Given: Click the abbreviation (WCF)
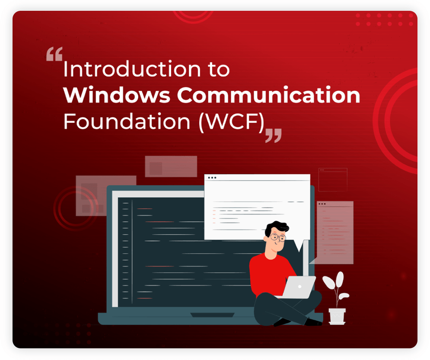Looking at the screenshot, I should pyautogui.click(x=231, y=122).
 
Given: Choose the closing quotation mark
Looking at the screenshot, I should pyautogui.click(x=273, y=135).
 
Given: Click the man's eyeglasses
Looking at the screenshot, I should pyautogui.click(x=277, y=237).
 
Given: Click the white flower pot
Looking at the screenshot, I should pyautogui.click(x=337, y=315).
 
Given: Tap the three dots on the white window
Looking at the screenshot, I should pyautogui.click(x=212, y=178).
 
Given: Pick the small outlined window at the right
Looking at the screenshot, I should pyautogui.click(x=333, y=180).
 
